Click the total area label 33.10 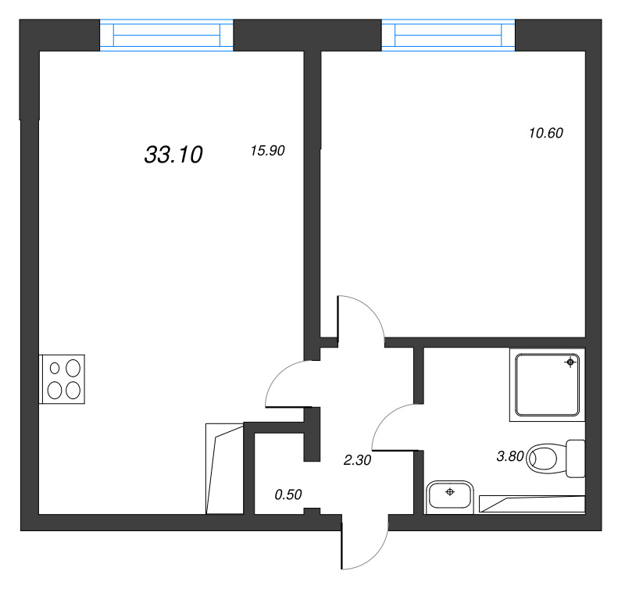pyautogui.click(x=173, y=155)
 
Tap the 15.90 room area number pyautogui.click(x=266, y=152)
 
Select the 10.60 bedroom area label pyautogui.click(x=546, y=133)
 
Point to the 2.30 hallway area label pyautogui.click(x=357, y=460)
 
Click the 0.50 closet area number pyautogui.click(x=288, y=494)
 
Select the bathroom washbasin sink pyautogui.click(x=449, y=496)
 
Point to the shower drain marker pyautogui.click(x=572, y=362)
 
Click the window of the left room pyautogui.click(x=166, y=36)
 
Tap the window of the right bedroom pyautogui.click(x=448, y=36)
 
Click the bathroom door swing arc pyautogui.click(x=391, y=426)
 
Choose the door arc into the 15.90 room pyautogui.click(x=285, y=383)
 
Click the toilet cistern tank pyautogui.click(x=577, y=458)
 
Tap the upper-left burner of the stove pyautogui.click(x=55, y=367)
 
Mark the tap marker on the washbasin pyautogui.click(x=449, y=491)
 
